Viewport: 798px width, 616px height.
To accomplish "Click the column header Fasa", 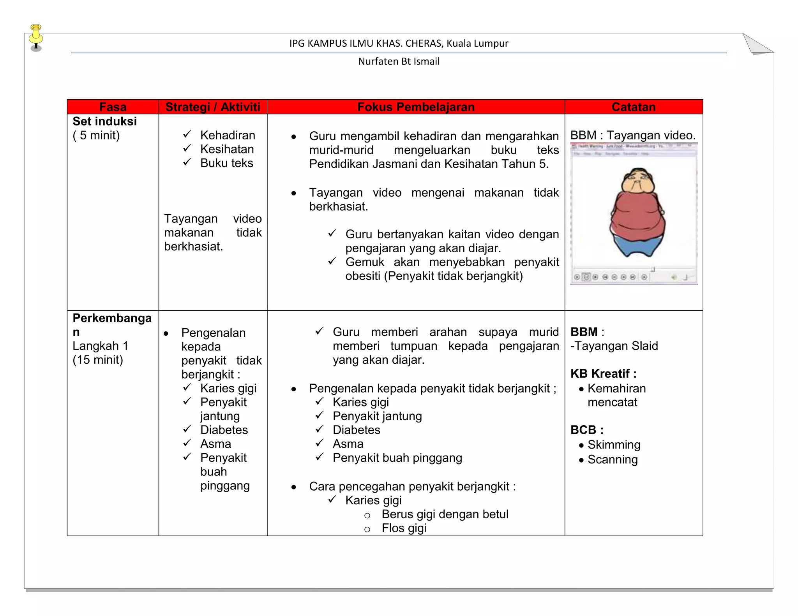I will coord(113,107).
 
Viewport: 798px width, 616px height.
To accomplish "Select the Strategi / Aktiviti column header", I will coord(213,107).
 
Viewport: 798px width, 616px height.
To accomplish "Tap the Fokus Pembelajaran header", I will coord(416,107).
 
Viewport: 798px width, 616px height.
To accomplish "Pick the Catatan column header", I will coord(634,107).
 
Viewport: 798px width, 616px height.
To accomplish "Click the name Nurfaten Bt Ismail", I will coord(399,62).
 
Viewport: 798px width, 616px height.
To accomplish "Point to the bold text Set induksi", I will coord(104,121).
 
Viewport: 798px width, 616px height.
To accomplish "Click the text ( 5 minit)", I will coord(96,136).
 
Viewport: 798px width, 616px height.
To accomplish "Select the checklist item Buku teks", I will coord(226,163).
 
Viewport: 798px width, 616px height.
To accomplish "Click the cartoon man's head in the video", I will coord(638,181).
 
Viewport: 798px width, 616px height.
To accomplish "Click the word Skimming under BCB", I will coord(614,445).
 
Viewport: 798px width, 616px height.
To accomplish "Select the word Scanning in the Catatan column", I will coord(613,459).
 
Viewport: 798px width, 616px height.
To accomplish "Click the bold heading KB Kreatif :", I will coord(603,374).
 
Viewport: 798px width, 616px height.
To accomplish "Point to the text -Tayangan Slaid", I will coord(614,346).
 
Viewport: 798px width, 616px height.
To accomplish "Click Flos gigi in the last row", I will coord(404,528).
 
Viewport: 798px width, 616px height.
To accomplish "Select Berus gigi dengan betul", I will coord(445,514).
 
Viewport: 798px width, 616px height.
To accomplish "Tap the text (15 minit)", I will coord(98,360).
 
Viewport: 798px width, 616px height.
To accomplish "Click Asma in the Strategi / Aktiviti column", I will coord(215,444).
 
